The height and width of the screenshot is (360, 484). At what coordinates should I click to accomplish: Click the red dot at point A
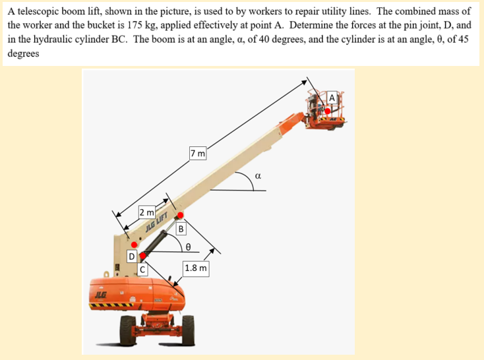[328, 111]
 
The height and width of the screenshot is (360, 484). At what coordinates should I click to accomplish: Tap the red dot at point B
[180, 215]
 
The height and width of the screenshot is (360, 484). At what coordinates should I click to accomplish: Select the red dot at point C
[142, 256]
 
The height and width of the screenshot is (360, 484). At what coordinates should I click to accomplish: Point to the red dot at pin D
[134, 245]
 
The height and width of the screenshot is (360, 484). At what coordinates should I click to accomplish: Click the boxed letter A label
[332, 98]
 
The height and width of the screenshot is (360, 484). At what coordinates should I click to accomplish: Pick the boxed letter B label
[181, 229]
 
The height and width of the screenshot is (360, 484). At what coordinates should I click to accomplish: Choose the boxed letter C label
[142, 270]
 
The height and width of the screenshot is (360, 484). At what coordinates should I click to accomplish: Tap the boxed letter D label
[132, 256]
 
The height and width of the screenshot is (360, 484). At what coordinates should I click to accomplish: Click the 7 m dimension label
[198, 153]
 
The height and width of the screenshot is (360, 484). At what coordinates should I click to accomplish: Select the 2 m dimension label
[146, 212]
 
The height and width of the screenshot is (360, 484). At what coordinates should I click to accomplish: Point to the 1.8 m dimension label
[196, 268]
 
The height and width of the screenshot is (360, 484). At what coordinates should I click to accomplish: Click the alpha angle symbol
[258, 176]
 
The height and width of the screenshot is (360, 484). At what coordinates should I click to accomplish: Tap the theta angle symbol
[188, 247]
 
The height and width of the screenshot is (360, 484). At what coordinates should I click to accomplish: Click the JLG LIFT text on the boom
[156, 222]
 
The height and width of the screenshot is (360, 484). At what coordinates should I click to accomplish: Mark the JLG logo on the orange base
[100, 295]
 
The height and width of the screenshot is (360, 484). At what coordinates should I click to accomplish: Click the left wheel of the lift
[128, 330]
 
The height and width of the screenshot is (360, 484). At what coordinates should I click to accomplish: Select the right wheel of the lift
[188, 330]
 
